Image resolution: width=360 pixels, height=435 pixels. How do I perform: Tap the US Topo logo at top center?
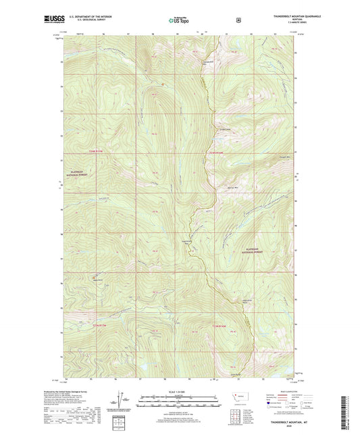pyautogui.click(x=179, y=20)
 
